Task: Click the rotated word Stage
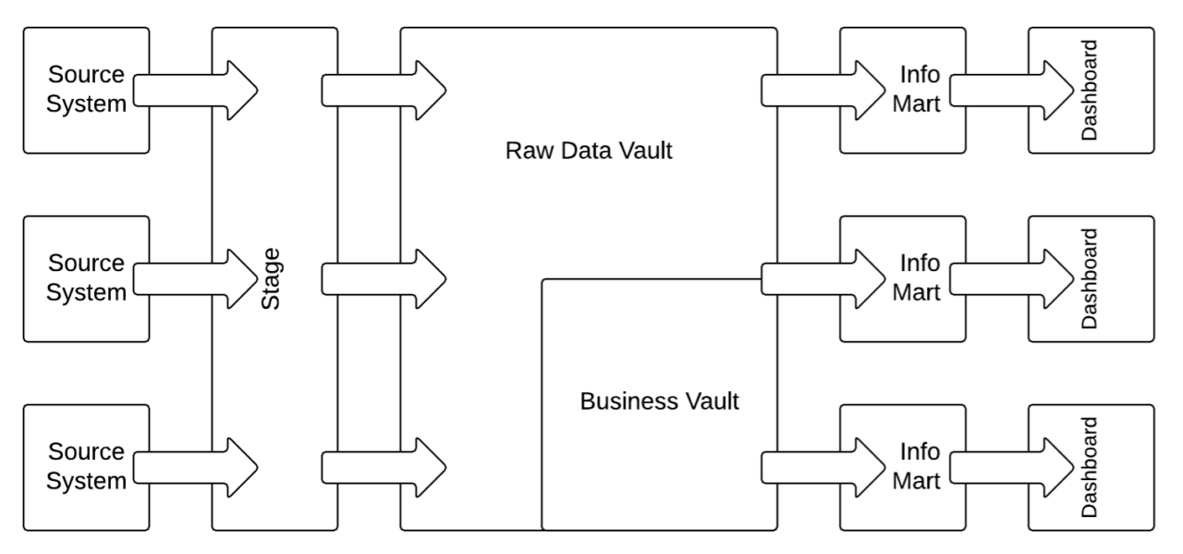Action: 272,277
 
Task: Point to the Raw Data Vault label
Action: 589,151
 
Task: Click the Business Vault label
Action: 659,402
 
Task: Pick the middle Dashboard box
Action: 1091,231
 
